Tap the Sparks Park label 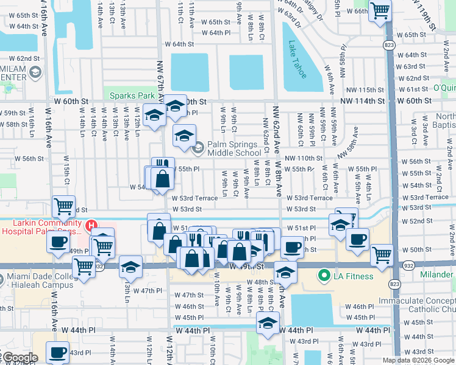coord(132,96)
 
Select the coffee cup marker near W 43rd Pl coord(59,352)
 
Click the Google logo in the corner coord(20,358)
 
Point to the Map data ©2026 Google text coord(418,360)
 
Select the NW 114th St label coord(363,101)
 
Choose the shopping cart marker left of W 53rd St coord(64,206)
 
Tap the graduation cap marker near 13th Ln coord(130,266)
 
